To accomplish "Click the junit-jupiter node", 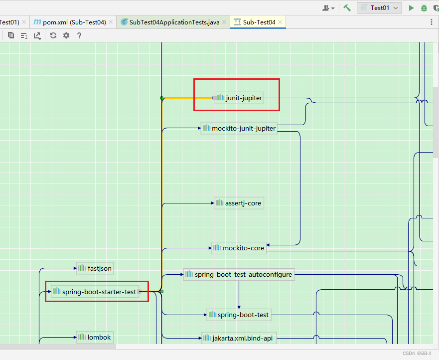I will coord(239,98).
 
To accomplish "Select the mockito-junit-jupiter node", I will coord(239,128).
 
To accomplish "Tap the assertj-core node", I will coord(238,203).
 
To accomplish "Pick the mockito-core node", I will coord(239,248).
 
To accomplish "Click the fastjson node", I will coord(95,268).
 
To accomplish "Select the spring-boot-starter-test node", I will coord(95,292).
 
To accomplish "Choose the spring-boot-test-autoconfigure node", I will coord(238,274).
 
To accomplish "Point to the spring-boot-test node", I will coord(239,315).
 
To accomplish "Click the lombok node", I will coord(95,337).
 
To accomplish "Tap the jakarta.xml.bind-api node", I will coord(238,338).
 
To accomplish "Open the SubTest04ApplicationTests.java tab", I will coord(169,22).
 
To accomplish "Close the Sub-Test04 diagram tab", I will coord(281,22).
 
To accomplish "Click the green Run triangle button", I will coord(411,8).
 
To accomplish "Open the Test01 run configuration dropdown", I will coord(380,8).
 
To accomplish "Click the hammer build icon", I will coord(347,8).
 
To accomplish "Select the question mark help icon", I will coord(79,35).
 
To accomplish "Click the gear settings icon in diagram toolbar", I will coord(66,35).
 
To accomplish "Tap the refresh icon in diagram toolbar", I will coord(53,35).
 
